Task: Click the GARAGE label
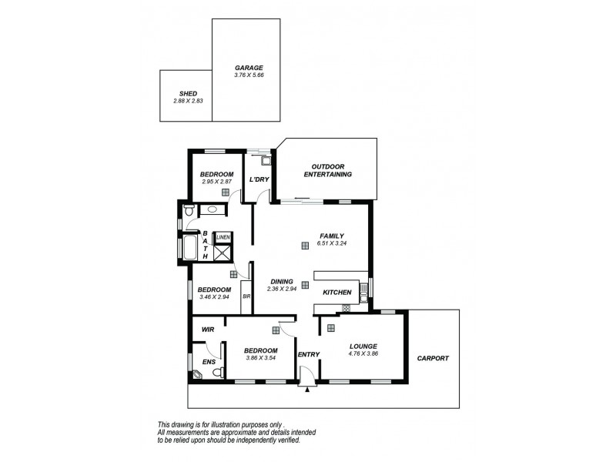[249, 68]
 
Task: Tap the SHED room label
[187, 93]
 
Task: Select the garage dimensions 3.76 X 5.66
[249, 75]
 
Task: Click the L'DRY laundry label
[258, 180]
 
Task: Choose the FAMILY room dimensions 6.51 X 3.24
[332, 243]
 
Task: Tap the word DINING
[282, 281]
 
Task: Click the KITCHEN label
[337, 293]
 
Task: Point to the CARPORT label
[432, 358]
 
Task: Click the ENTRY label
[309, 355]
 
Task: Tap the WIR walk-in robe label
[207, 330]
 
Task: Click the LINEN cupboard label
[223, 236]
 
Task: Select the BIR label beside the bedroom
[246, 296]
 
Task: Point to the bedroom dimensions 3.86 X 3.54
[260, 358]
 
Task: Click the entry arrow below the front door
[307, 390]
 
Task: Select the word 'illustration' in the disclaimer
[227, 424]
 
